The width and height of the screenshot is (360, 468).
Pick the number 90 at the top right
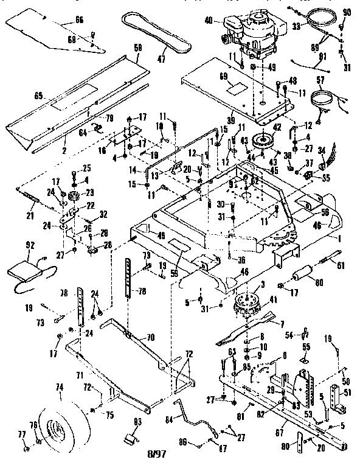(x=347, y=12)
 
